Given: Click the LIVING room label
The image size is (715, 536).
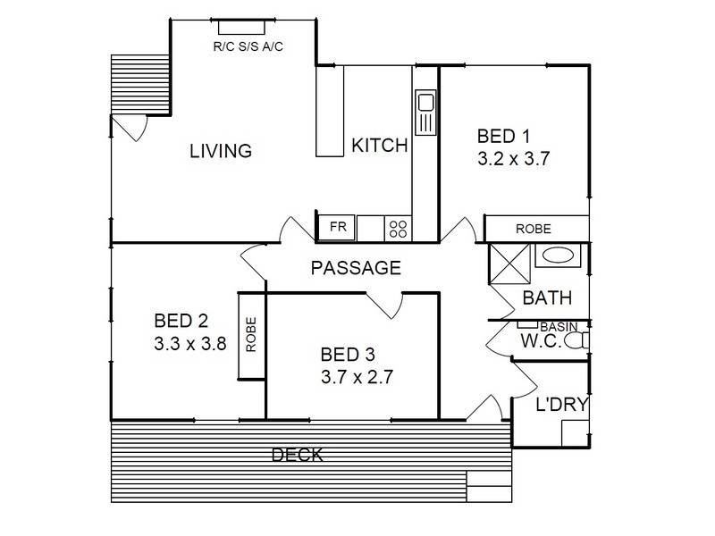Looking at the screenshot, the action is (x=221, y=151).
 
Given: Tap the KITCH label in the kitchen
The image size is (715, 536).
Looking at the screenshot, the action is (x=379, y=146).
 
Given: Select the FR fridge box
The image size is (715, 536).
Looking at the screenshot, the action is (x=338, y=227).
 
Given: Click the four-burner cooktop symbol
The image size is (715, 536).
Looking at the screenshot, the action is (x=398, y=229).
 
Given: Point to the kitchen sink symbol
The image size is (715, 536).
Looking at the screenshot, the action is (x=425, y=112).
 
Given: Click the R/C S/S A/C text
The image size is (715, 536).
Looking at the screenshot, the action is (x=248, y=46).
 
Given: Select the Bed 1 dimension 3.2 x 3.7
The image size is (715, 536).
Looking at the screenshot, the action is (x=513, y=159).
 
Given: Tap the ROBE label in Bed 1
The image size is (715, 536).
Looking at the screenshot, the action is (x=533, y=229).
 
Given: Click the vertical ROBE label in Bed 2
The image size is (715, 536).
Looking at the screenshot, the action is (x=251, y=334).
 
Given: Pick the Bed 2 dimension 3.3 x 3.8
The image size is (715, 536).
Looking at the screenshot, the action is (x=190, y=344).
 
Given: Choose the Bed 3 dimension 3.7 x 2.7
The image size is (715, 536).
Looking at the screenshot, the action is (x=357, y=377).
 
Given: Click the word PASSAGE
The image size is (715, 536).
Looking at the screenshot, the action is (x=356, y=268).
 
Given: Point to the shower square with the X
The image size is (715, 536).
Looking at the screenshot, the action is (x=509, y=264).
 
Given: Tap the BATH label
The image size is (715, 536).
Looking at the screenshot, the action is (x=547, y=298).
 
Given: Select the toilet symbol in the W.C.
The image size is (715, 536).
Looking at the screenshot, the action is (x=576, y=340).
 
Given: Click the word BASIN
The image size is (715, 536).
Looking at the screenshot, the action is (x=559, y=327).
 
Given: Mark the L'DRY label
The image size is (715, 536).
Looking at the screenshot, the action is (x=561, y=405).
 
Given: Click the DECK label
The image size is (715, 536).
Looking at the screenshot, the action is (x=298, y=455).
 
